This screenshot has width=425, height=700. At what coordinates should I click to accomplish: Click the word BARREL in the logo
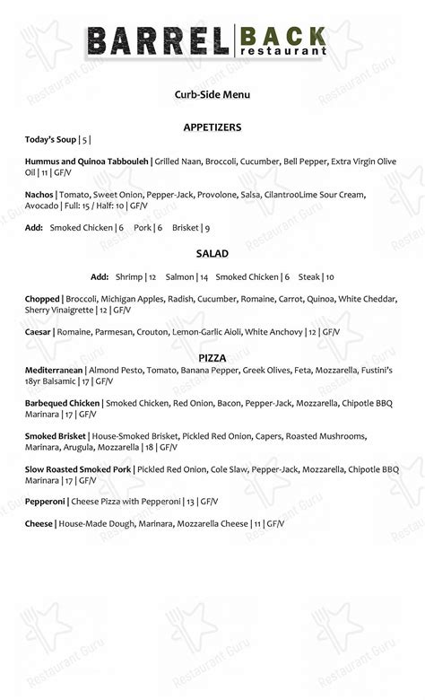159,42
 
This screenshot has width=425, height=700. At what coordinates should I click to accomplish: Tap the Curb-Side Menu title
212,94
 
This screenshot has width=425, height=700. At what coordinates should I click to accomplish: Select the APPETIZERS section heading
212,127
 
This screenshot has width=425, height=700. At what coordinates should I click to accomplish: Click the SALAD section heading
212,254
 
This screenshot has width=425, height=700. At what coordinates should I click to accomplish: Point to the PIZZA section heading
212,357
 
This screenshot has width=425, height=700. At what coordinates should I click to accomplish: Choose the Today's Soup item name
51,140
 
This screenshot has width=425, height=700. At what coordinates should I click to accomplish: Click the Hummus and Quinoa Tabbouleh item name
86,162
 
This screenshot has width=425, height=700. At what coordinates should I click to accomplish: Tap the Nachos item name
39,194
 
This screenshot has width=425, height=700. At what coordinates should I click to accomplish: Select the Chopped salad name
42,299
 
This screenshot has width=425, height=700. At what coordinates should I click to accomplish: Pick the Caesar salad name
38,332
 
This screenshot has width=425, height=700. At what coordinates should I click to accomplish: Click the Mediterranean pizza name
54,370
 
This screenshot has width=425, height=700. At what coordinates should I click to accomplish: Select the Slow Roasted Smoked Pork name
78,469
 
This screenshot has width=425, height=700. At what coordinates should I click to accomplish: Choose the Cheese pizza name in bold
39,524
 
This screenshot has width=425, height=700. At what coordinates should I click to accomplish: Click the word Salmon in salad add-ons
180,277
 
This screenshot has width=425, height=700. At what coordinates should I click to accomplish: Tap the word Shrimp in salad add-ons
128,277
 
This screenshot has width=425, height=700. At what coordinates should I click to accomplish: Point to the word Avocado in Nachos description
42,206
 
